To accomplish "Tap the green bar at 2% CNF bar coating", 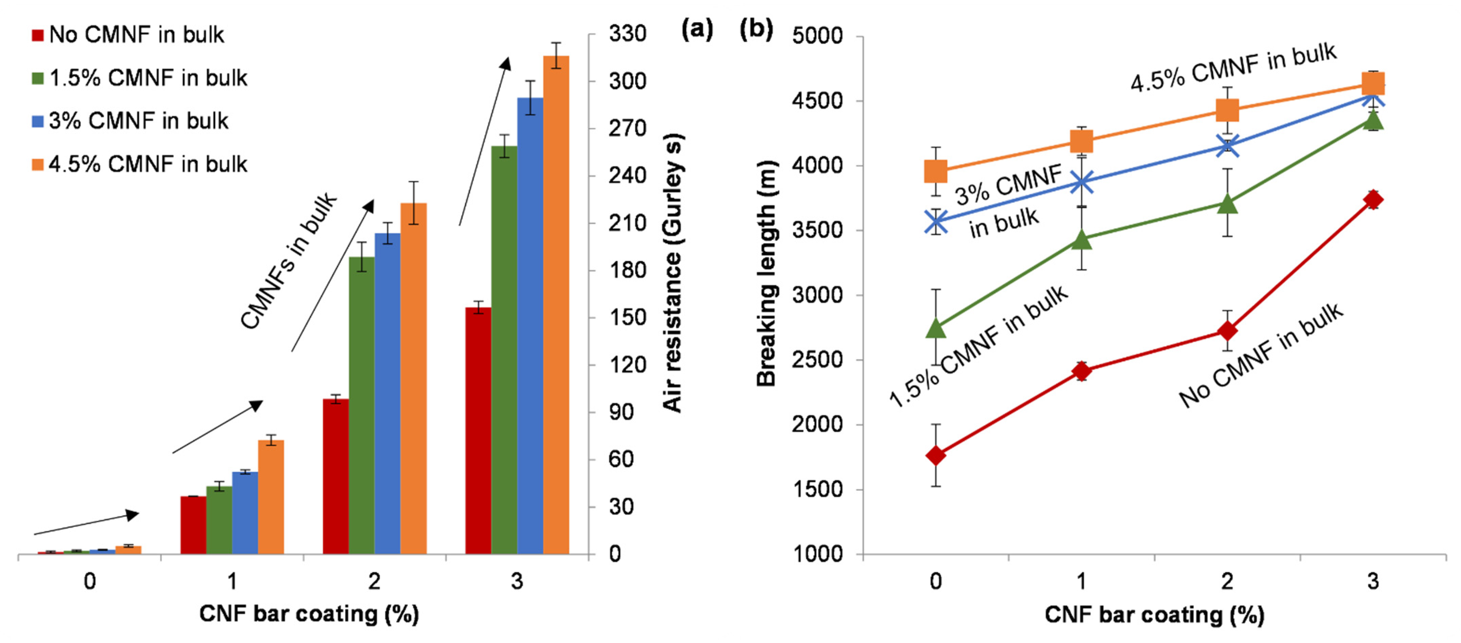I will click(x=361, y=405).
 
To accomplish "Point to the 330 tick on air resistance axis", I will click(x=627, y=34).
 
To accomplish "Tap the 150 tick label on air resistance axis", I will click(x=627, y=317).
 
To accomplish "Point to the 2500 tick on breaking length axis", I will click(x=817, y=360).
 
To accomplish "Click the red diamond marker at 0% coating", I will click(x=936, y=455).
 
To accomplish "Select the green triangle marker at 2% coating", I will click(x=1227, y=203).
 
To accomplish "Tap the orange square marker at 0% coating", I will click(x=936, y=171).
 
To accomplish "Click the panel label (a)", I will click(x=697, y=28).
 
